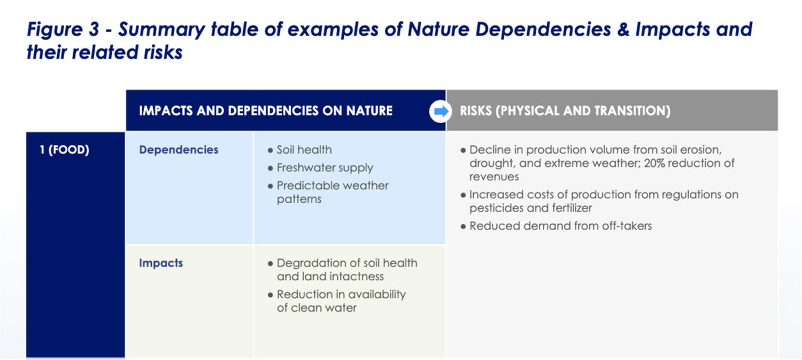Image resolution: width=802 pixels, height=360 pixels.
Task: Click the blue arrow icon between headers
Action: (441, 111)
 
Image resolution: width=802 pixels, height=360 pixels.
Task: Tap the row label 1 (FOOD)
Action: (65, 150)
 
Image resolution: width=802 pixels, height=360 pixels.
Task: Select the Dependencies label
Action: (179, 150)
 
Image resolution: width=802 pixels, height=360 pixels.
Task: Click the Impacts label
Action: (161, 263)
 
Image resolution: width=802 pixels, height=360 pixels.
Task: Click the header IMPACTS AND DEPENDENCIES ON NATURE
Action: (266, 111)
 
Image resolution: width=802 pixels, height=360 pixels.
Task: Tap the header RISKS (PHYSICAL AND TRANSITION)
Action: (565, 111)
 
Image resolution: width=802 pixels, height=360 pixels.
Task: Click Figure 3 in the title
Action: (63, 29)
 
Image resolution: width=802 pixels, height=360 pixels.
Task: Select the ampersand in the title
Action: (623, 29)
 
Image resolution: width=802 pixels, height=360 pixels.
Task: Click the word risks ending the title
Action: (163, 52)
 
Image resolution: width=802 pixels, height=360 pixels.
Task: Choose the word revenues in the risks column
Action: (494, 177)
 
